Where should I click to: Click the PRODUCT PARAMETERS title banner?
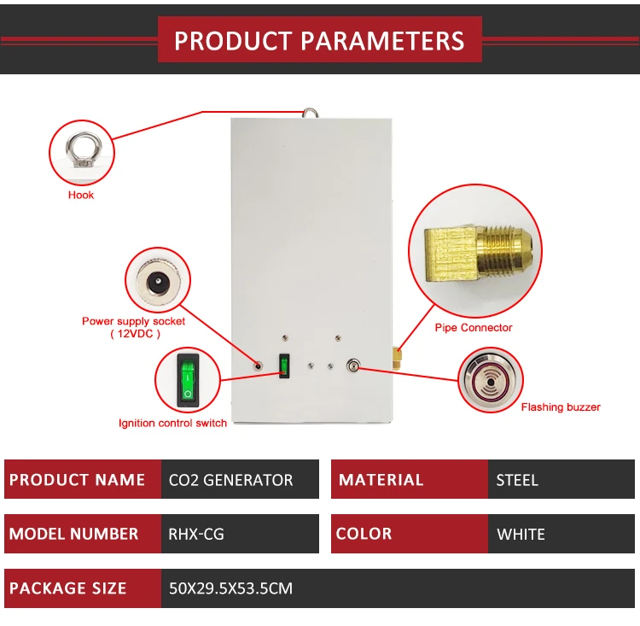(x=319, y=40)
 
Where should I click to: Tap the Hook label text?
(x=81, y=195)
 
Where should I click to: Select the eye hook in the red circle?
(x=81, y=151)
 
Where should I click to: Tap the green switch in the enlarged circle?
(x=188, y=380)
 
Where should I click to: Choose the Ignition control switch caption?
(x=172, y=423)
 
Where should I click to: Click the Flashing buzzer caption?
(x=561, y=407)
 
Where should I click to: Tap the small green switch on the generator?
(x=284, y=367)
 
